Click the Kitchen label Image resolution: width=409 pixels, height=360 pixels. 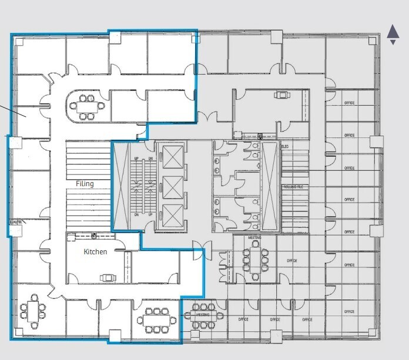click(x=95, y=251)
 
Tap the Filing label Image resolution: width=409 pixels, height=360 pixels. click(x=85, y=184)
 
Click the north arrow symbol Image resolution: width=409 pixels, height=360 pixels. click(x=393, y=34)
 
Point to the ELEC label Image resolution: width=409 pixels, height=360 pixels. click(x=286, y=146)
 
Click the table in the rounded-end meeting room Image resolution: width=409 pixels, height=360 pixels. click(x=87, y=107)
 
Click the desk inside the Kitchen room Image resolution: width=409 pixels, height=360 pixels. click(x=108, y=277)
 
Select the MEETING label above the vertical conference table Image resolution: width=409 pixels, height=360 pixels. click(x=254, y=238)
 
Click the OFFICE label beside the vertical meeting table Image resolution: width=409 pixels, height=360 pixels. click(x=292, y=260)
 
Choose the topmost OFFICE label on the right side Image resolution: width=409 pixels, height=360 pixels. click(x=350, y=103)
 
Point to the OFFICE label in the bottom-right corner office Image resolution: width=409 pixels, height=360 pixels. click(x=350, y=311)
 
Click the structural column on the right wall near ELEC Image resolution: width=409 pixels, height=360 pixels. click(x=376, y=141)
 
